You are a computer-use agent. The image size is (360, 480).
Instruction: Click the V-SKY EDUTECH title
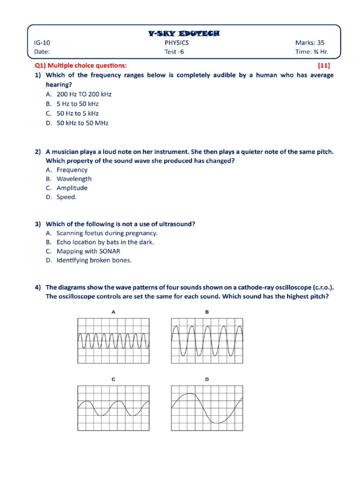click(x=183, y=33)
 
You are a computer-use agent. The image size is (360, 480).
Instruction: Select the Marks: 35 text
click(x=309, y=43)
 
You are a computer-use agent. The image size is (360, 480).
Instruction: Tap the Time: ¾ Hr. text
click(x=311, y=52)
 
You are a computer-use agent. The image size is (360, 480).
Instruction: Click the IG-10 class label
click(x=42, y=43)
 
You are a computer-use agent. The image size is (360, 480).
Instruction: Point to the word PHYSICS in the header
click(x=177, y=43)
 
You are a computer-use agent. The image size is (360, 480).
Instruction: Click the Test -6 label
click(x=174, y=52)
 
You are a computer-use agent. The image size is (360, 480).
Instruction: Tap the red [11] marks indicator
click(x=323, y=66)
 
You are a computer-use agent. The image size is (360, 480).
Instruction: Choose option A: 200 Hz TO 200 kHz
click(x=84, y=94)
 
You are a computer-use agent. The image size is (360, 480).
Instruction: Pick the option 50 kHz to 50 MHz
click(x=82, y=123)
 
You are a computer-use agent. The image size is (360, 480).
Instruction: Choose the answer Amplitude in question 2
click(x=72, y=188)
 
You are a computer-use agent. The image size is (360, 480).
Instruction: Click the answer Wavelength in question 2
click(x=74, y=179)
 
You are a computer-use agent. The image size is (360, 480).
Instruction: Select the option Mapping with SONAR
click(x=88, y=251)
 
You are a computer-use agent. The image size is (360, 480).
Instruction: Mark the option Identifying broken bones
click(x=94, y=260)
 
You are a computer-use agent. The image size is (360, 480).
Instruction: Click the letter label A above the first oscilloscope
click(x=113, y=312)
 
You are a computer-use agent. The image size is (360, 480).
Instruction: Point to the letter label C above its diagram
click(x=113, y=379)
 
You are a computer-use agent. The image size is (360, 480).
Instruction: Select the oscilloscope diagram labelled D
click(x=207, y=408)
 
